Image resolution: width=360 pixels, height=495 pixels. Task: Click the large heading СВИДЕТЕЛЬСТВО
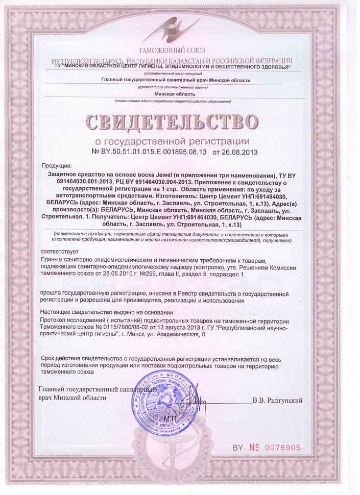(x=172, y=122)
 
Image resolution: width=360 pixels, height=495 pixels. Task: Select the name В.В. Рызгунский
(x=277, y=401)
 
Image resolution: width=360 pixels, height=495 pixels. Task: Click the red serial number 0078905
(x=282, y=448)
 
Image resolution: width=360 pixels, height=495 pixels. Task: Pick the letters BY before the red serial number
(x=238, y=448)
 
